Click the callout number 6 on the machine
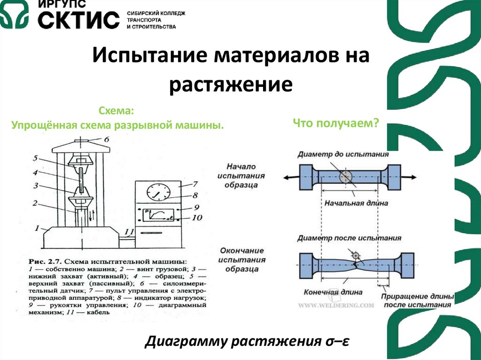[106, 139]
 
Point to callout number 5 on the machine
[35, 159]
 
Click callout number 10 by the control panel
[197, 217]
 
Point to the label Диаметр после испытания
[349, 238]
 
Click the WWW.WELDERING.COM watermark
[336, 305]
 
